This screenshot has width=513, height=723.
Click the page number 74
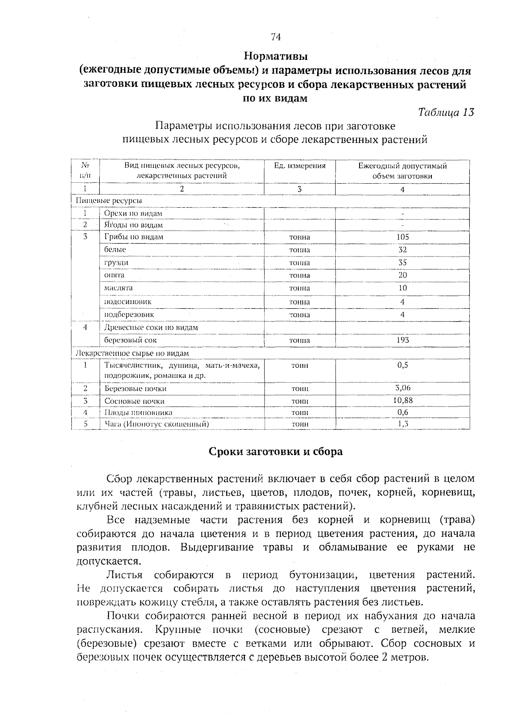tap(276, 37)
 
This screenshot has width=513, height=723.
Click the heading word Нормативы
tap(276, 56)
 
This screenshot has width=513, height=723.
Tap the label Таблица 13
tap(446, 112)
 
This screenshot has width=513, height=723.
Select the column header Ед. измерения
tap(300, 166)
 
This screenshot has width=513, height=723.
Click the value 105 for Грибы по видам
tap(402, 237)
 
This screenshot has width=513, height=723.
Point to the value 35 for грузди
tap(402, 262)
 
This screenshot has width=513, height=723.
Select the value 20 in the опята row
tap(402, 275)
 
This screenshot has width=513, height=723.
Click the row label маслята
tap(118, 288)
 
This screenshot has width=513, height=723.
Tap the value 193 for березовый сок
tap(402, 340)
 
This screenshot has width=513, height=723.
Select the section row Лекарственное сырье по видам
tap(132, 353)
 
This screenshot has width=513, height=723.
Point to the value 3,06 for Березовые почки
tap(402, 388)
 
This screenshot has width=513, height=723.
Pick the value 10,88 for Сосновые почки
tap(402, 400)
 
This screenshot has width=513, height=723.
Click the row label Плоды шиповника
tap(139, 412)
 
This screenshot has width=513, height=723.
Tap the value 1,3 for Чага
tap(402, 424)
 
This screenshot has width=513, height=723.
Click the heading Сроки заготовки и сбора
tap(275, 452)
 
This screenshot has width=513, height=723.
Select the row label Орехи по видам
tap(133, 213)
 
